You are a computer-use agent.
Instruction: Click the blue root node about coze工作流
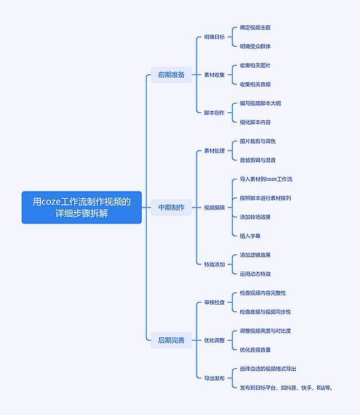pyautogui.click(x=82, y=207)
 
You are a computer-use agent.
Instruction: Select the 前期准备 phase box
pyautogui.click(x=171, y=74)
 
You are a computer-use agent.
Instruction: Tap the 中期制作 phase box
pyautogui.click(x=171, y=207)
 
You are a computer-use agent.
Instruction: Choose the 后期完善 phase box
pyautogui.click(x=171, y=340)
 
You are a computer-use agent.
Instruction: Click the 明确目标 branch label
pyautogui.click(x=214, y=37)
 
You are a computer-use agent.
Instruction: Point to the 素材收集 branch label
pyautogui.click(x=214, y=74)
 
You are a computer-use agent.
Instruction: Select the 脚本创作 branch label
pyautogui.click(x=214, y=112)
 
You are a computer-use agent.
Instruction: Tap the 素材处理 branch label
pyautogui.click(x=214, y=151)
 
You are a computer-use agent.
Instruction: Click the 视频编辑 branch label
pyautogui.click(x=214, y=207)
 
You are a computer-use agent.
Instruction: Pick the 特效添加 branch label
pyautogui.click(x=214, y=264)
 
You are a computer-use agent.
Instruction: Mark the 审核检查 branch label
pyautogui.click(x=214, y=303)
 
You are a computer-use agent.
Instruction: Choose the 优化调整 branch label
pyautogui.click(x=214, y=340)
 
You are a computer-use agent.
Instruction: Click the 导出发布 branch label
pyautogui.click(x=214, y=378)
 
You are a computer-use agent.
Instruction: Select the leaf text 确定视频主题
pyautogui.click(x=256, y=27)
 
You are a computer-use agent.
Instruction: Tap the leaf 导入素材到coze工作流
pyautogui.click(x=271, y=179)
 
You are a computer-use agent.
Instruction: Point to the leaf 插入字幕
pyautogui.click(x=251, y=236)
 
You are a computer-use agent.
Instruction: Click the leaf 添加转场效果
pyautogui.click(x=256, y=217)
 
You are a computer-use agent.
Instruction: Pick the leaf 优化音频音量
pyautogui.click(x=256, y=349)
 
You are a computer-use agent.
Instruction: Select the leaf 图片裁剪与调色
pyautogui.click(x=258, y=141)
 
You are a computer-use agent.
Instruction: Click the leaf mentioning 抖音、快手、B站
pyautogui.click(x=287, y=388)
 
